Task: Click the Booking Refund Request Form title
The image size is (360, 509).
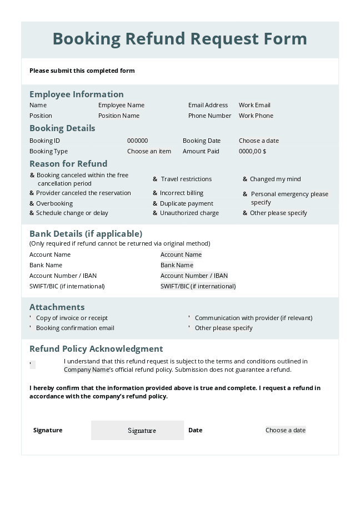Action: [179, 39]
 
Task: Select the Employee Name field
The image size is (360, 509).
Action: [121, 105]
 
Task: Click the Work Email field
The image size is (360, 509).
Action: [254, 105]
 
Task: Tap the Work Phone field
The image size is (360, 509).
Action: [256, 116]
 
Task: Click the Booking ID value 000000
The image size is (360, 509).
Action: [137, 141]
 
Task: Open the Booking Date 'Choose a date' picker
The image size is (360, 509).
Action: [258, 141]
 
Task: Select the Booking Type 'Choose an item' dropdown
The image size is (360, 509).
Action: [149, 151]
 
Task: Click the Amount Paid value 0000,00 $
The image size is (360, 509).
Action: [252, 151]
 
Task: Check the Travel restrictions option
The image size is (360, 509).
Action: [156, 179]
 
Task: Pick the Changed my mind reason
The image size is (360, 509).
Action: [245, 179]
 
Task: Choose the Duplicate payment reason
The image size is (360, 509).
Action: [156, 203]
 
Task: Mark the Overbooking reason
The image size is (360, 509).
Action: [32, 203]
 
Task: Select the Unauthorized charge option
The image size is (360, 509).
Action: [156, 213]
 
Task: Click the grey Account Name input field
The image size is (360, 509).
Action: [181, 255]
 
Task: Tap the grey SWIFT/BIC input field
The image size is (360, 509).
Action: [198, 286]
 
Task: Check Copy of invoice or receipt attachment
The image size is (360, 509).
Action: [31, 318]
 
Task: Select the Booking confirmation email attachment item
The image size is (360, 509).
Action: [31, 328]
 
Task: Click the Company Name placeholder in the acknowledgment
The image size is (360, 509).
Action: [86, 370]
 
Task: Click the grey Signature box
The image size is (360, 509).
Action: [137, 430]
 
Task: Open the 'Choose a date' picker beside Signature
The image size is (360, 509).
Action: [285, 430]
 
